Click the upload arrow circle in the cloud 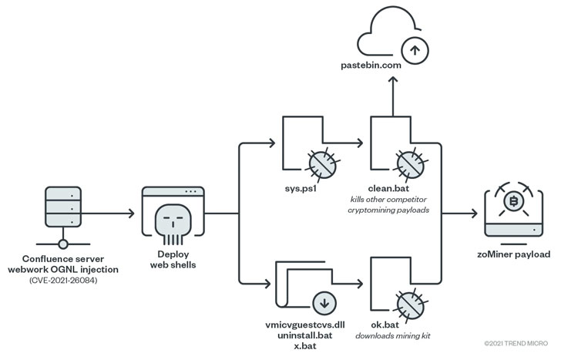[416, 50]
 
